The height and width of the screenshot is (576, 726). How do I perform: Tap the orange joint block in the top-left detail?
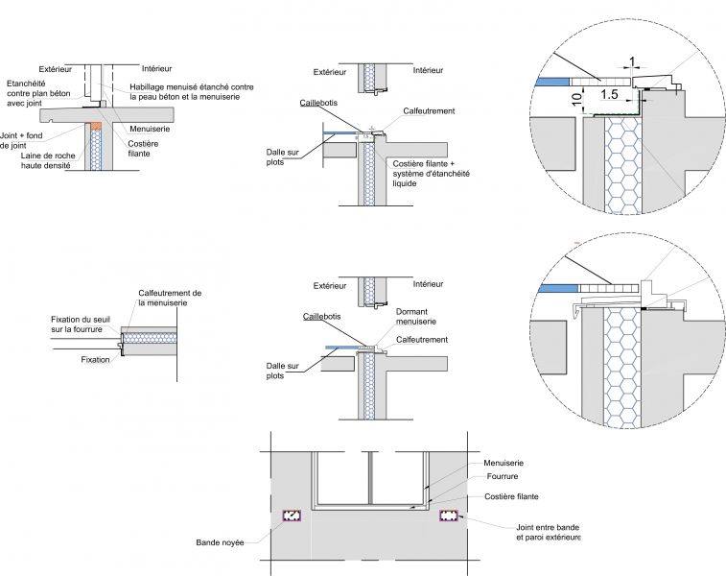tap(95, 128)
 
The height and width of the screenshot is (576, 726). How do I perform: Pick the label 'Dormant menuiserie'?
tap(415, 317)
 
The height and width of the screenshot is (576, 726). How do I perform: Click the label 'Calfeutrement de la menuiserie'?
tap(170, 297)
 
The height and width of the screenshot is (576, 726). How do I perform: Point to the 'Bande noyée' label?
tap(219, 542)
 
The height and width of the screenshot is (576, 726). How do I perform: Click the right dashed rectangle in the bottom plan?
tap(449, 516)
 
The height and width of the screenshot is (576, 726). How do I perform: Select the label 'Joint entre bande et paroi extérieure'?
tap(543, 531)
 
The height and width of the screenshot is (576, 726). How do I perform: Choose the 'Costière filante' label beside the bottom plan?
tap(510, 496)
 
